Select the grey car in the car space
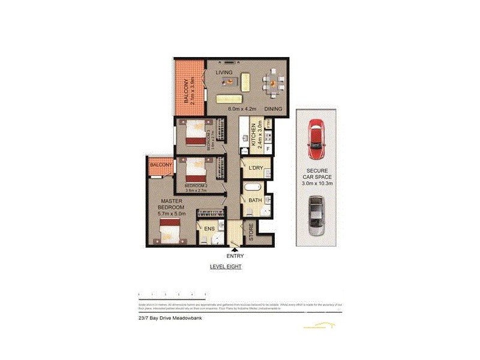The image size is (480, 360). click(x=316, y=217)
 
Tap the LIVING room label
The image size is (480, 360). click(x=224, y=73)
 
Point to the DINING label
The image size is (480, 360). click(x=272, y=109)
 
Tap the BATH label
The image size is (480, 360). click(x=254, y=200)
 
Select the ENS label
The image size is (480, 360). click(x=209, y=229)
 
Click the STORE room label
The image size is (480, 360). click(x=251, y=233)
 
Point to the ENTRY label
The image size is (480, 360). click(x=236, y=256)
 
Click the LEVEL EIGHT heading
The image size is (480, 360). click(x=225, y=266)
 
